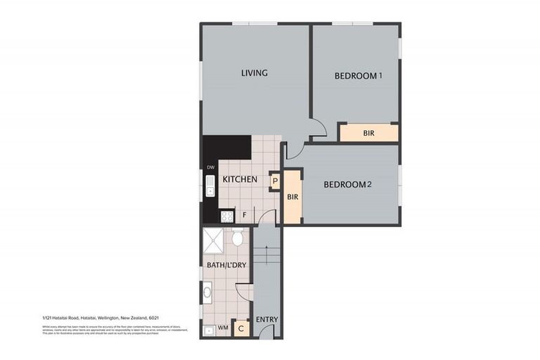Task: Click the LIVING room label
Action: (254, 73)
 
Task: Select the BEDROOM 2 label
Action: (347, 185)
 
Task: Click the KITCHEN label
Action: (240, 180)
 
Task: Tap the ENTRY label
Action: (266, 319)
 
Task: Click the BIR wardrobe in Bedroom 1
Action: (368, 132)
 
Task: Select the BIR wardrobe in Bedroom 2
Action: (292, 197)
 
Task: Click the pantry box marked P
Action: (275, 181)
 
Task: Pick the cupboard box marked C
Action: (241, 327)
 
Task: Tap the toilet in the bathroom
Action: (238, 238)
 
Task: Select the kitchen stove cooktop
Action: (226, 217)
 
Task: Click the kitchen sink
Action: (210, 186)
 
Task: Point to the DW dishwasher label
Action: (210, 167)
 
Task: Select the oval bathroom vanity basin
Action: (207, 291)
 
